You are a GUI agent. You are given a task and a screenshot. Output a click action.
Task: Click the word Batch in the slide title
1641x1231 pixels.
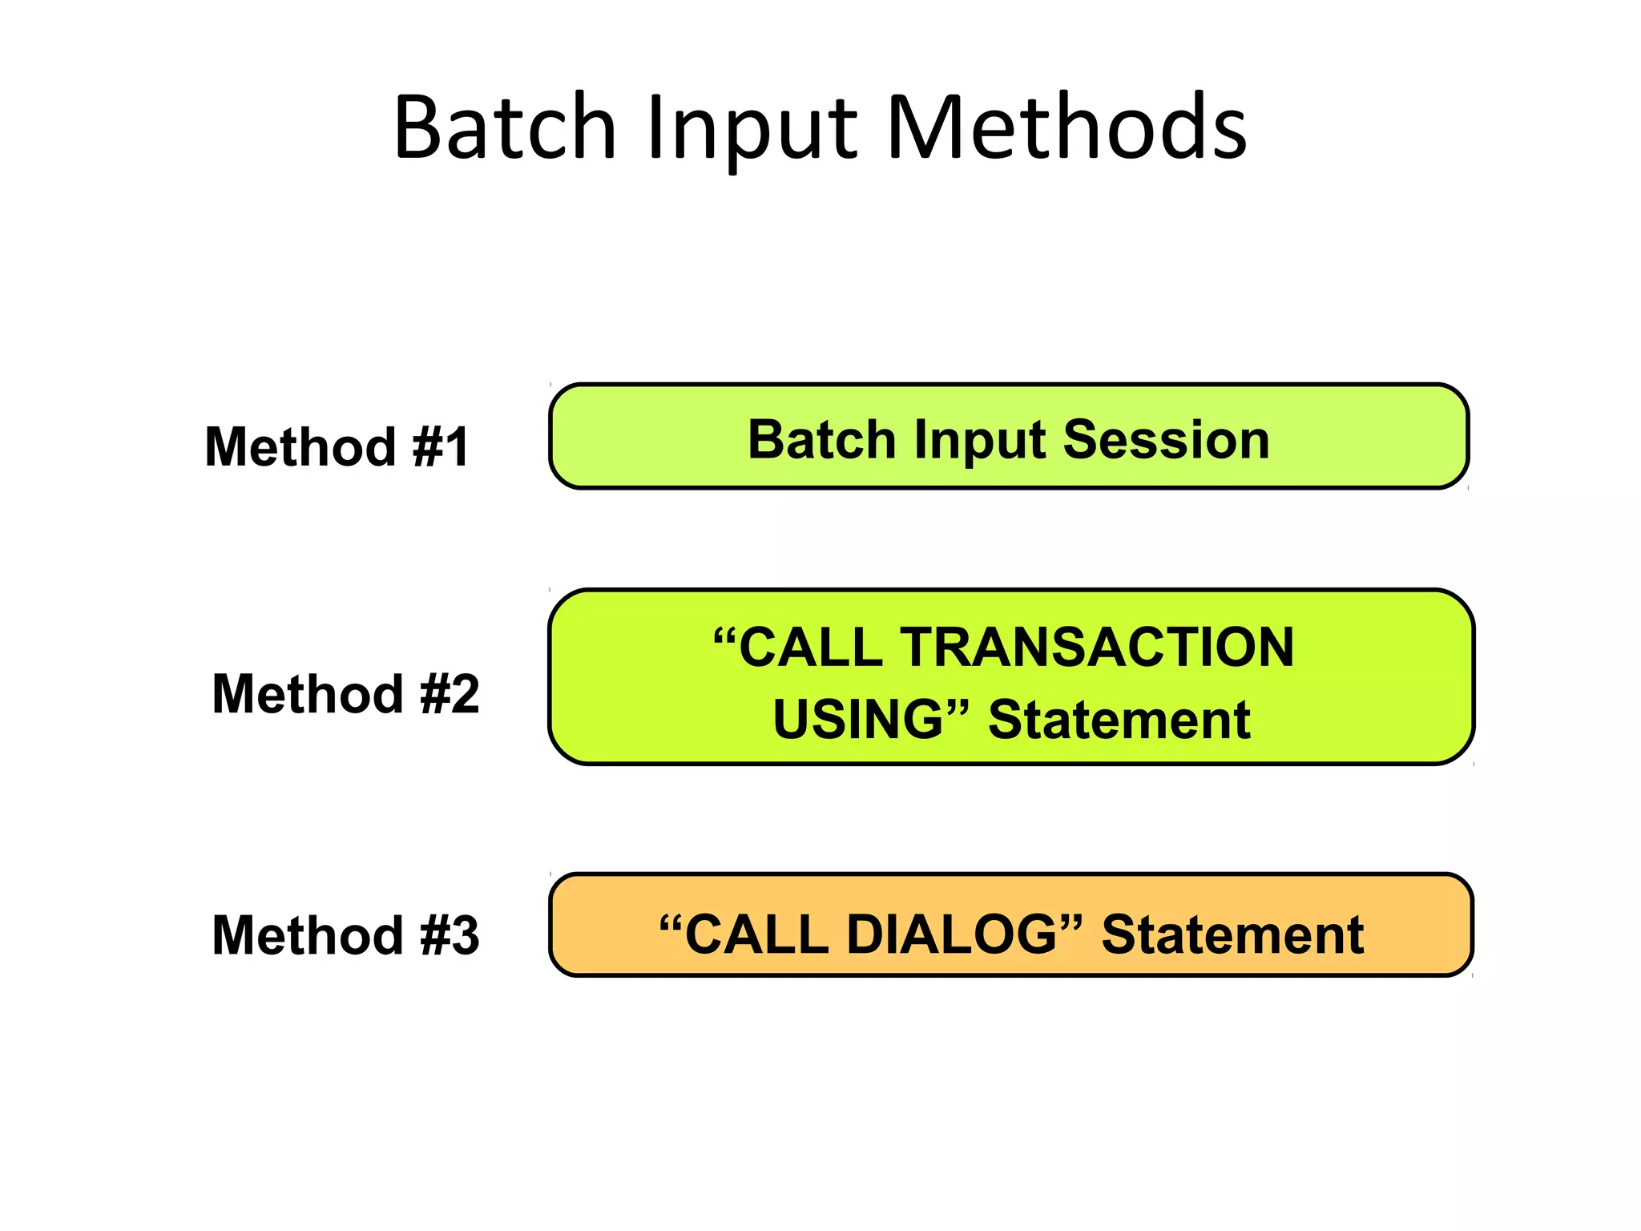[x=505, y=128]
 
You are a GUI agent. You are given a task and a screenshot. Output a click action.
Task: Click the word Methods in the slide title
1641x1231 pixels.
[x=1066, y=128]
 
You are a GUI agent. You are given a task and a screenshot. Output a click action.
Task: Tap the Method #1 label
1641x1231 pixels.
[x=337, y=446]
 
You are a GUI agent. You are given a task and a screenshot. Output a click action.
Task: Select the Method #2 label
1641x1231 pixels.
[x=345, y=694]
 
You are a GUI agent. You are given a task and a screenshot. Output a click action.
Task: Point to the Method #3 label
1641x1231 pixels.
[x=345, y=935]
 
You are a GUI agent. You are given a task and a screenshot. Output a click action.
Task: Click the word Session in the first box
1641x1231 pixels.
[x=1166, y=440]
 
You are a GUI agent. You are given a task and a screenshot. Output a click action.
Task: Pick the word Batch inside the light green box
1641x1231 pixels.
[x=821, y=440]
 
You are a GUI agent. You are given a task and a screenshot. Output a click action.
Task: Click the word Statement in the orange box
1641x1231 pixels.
[x=1232, y=934]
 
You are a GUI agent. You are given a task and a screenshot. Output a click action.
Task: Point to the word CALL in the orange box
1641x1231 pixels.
[x=756, y=934]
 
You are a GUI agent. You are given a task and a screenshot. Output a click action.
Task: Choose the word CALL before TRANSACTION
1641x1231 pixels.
[x=810, y=647]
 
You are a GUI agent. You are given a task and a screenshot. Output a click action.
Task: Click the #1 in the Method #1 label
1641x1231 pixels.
[x=441, y=446]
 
